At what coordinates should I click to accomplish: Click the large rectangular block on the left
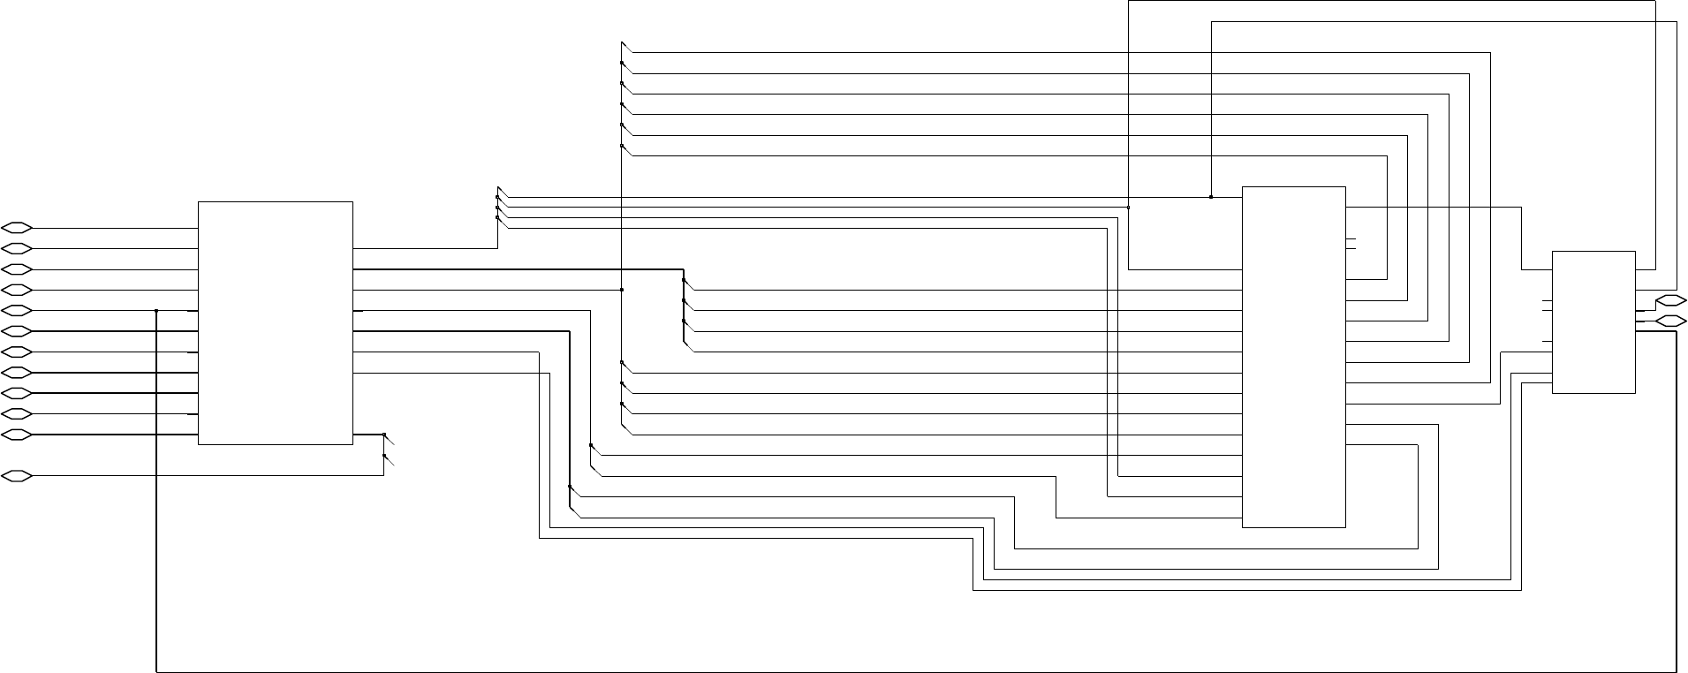click(275, 322)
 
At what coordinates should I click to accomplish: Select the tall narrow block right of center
click(1293, 357)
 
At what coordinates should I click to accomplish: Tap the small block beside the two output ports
click(1593, 321)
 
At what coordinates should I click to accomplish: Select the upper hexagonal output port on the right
click(1670, 300)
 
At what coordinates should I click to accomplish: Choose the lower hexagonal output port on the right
click(1670, 321)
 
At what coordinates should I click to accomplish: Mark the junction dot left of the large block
click(156, 311)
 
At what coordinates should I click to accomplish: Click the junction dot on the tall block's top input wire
click(1210, 197)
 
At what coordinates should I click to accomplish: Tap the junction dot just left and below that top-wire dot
click(1128, 208)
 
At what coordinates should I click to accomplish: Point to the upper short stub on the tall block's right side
click(1351, 238)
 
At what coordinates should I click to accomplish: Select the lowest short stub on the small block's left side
click(1547, 342)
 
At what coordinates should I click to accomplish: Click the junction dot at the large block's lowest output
click(383, 435)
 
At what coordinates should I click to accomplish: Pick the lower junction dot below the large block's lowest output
click(383, 456)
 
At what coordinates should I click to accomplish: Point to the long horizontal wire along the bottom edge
click(883, 670)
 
